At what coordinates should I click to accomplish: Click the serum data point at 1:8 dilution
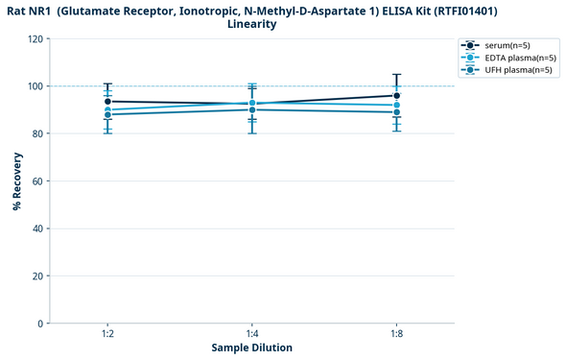(396, 96)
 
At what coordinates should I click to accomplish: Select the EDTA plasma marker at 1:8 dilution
(396, 105)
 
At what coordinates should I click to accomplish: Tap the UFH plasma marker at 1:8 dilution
(396, 112)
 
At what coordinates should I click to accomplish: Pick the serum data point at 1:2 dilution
(107, 102)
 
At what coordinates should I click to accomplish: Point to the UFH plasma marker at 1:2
(107, 115)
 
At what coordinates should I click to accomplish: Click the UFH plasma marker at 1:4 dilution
(252, 109)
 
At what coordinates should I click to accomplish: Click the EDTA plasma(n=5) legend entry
(508, 58)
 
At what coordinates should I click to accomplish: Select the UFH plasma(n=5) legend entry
(508, 70)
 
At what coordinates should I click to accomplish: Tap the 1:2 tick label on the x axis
(107, 333)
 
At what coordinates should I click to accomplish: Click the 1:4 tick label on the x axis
(252, 333)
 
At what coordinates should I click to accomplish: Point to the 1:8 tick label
(396, 333)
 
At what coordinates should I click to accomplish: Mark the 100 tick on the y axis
(35, 86)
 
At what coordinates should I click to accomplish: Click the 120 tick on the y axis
(35, 39)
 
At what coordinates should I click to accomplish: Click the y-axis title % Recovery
(16, 181)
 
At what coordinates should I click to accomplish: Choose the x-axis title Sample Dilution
(252, 348)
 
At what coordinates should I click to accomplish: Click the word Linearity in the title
(252, 24)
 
